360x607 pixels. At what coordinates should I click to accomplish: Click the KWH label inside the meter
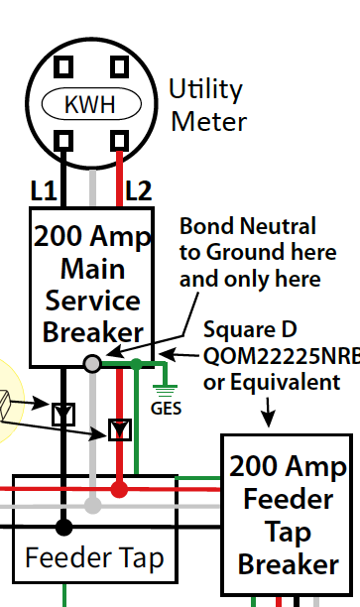[90, 104]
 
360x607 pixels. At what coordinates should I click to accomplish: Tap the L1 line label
[44, 190]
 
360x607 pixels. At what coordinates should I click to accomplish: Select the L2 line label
[139, 190]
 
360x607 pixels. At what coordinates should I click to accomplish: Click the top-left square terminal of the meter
[63, 66]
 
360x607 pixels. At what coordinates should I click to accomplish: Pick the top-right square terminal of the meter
[120, 66]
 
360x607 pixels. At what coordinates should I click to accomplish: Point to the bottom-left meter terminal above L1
[63, 140]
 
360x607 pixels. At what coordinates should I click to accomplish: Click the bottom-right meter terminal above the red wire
[120, 140]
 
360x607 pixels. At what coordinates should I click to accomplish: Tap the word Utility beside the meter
[205, 89]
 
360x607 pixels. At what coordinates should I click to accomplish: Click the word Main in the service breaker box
[93, 269]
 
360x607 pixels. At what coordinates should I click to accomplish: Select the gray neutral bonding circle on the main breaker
[92, 364]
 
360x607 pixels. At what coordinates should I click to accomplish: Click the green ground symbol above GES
[166, 390]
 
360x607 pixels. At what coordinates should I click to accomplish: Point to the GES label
[166, 408]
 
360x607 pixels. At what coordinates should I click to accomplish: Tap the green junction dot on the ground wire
[136, 364]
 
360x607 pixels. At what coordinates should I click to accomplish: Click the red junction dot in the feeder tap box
[119, 489]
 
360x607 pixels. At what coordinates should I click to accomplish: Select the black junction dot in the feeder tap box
[63, 527]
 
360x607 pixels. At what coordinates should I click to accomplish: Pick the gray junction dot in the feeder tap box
[92, 506]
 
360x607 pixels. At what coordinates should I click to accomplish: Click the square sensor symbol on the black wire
[63, 415]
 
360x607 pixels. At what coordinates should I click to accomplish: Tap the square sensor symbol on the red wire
[120, 429]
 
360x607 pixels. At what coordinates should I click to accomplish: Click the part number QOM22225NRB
[282, 356]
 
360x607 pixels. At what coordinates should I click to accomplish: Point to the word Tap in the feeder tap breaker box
[289, 533]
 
